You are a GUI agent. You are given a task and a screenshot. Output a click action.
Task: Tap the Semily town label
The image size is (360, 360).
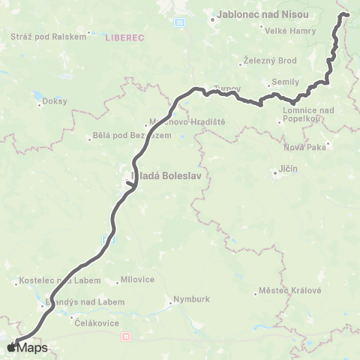click(286, 81)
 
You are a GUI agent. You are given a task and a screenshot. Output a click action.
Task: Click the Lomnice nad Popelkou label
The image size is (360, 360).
click(307, 114)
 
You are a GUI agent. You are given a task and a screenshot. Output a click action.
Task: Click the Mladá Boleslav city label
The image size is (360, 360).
click(169, 177)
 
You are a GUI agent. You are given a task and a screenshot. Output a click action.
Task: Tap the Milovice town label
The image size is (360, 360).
click(132, 280)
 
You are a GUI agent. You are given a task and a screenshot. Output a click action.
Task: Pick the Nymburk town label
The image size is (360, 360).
click(186, 298)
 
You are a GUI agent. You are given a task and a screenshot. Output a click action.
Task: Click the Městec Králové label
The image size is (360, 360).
click(289, 290)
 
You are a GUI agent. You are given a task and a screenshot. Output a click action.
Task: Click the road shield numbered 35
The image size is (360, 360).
click(178, 23)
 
